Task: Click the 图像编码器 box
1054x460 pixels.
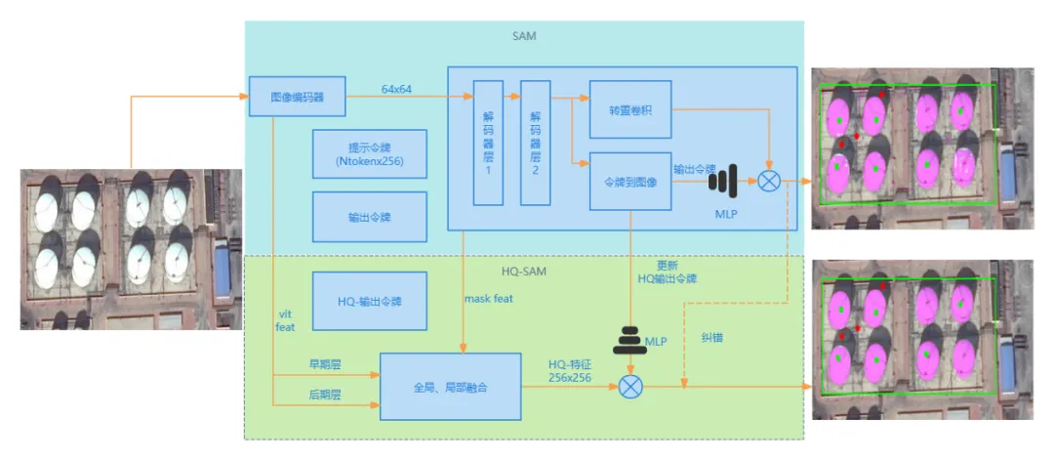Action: tap(297, 98)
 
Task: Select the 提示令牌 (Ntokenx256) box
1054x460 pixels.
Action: tap(369, 154)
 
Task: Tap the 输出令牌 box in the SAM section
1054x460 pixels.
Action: tap(369, 217)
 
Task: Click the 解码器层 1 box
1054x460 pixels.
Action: tap(488, 143)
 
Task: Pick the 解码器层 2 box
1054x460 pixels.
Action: tap(535, 143)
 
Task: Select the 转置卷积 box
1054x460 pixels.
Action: tap(629, 108)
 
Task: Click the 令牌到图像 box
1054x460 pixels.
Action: tap(629, 181)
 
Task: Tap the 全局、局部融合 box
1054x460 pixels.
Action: tap(450, 387)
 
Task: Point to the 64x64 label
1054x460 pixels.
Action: tap(396, 89)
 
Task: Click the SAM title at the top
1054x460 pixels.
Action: tap(523, 36)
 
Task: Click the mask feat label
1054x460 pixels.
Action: tap(488, 299)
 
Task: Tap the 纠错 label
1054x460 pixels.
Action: tap(712, 337)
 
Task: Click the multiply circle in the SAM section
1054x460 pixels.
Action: tap(769, 182)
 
